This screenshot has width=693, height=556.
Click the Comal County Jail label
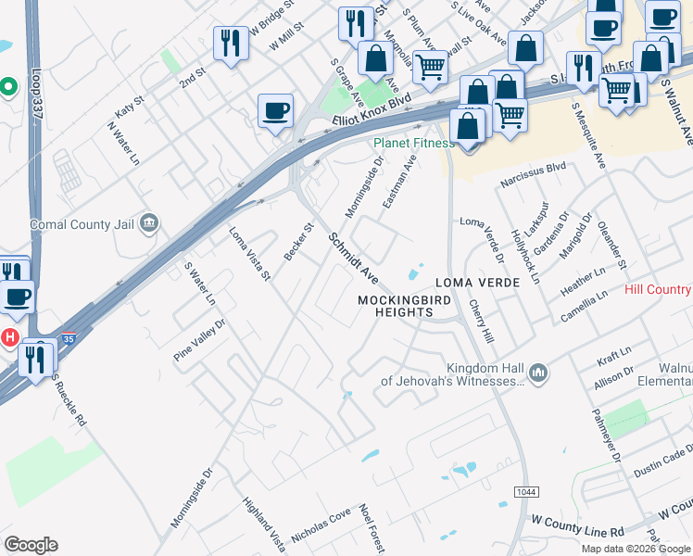(x=82, y=224)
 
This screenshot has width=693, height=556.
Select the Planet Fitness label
(x=413, y=143)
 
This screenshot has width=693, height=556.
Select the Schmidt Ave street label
(x=354, y=258)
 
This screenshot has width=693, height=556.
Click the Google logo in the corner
(x=31, y=545)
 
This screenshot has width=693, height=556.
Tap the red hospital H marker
(x=9, y=335)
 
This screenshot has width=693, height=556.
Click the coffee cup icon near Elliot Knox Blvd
(x=275, y=112)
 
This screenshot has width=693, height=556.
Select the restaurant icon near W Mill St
(x=231, y=43)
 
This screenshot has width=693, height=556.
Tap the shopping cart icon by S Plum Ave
(x=429, y=68)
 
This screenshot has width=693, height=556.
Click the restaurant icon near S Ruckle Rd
(x=36, y=358)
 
